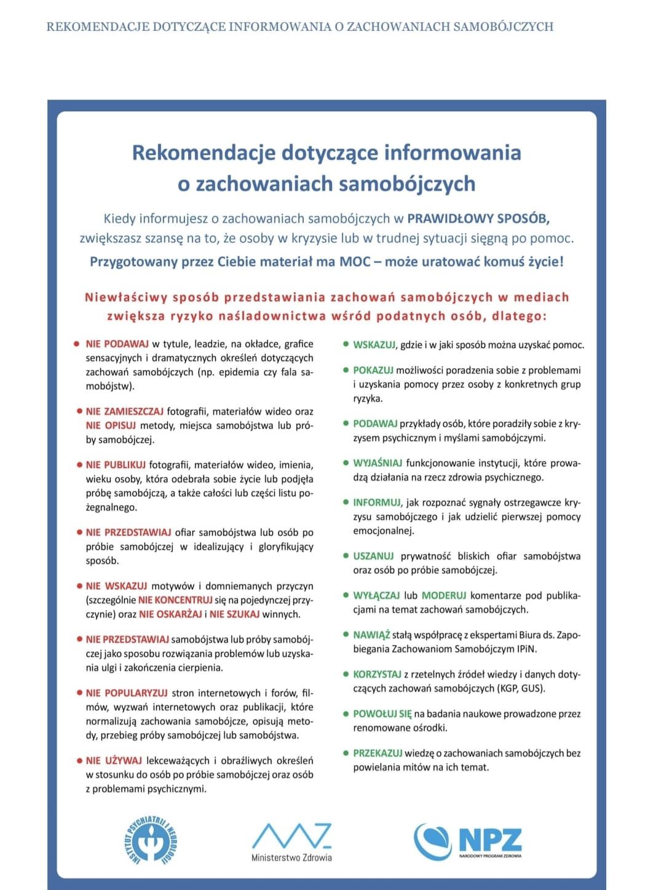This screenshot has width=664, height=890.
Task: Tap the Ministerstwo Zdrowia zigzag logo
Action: (291, 841)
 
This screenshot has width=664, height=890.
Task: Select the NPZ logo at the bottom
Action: (468, 841)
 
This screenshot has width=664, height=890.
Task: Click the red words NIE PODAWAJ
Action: (117, 344)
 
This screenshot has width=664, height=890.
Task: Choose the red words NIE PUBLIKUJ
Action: (116, 465)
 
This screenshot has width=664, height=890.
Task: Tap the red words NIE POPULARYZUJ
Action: (127, 693)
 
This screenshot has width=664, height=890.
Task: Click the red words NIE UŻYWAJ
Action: (114, 761)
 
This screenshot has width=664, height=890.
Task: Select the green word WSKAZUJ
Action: (374, 345)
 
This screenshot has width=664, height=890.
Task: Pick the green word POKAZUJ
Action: (373, 370)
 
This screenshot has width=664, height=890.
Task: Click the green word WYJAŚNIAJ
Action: (377, 463)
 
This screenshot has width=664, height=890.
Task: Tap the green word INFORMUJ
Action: (376, 503)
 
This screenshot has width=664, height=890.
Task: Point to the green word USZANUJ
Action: (373, 556)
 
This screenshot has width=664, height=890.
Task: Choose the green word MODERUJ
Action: (444, 595)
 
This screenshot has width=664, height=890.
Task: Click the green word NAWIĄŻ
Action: (371, 635)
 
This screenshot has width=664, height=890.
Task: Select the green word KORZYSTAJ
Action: (377, 675)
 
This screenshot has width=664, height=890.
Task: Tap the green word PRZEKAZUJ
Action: (377, 753)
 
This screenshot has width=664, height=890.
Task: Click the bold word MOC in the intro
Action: (355, 261)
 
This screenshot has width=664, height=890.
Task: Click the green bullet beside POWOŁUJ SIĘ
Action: (346, 714)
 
